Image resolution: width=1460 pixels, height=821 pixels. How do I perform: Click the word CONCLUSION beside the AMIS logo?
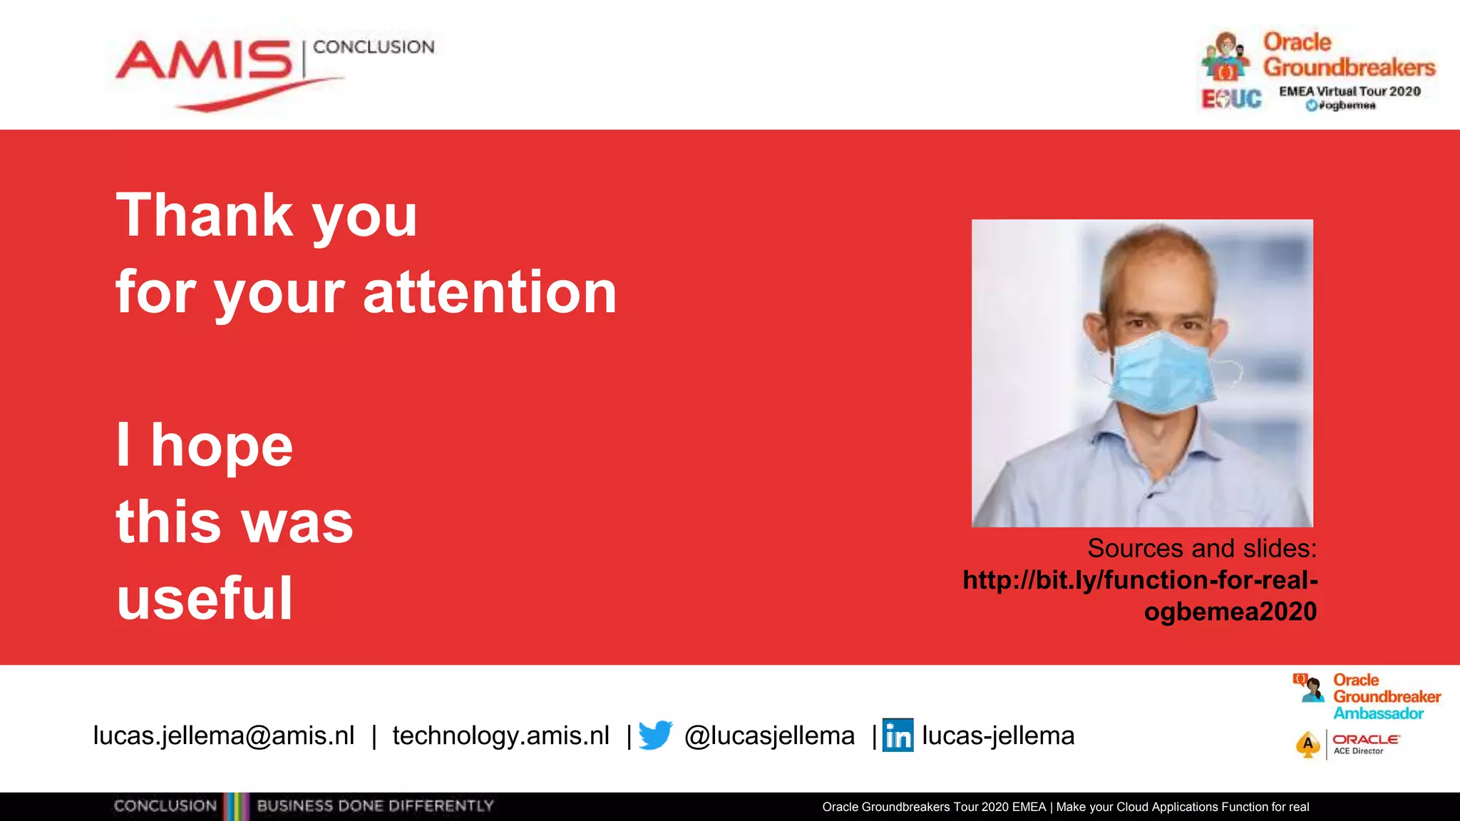(374, 47)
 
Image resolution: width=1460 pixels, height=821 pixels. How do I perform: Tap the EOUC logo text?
(1231, 98)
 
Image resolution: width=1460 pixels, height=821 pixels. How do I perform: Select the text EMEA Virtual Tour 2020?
(1350, 91)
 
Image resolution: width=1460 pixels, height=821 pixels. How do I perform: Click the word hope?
(222, 445)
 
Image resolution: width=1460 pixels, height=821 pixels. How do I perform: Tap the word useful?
(205, 599)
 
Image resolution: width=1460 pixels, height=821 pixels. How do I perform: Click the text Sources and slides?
(1202, 548)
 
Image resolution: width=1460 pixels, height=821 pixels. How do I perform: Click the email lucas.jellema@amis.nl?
(224, 735)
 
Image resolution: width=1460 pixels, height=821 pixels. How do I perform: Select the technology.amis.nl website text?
(500, 735)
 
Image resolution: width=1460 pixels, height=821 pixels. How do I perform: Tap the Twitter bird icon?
(655, 735)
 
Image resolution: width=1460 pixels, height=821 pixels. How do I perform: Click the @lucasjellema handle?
(769, 735)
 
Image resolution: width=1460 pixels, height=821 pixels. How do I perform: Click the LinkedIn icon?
(898, 735)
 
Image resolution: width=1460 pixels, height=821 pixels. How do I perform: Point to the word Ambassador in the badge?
(1378, 713)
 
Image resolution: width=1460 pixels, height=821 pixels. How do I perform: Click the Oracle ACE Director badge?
(1347, 744)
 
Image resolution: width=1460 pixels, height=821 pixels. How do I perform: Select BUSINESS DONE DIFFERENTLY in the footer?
(375, 806)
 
